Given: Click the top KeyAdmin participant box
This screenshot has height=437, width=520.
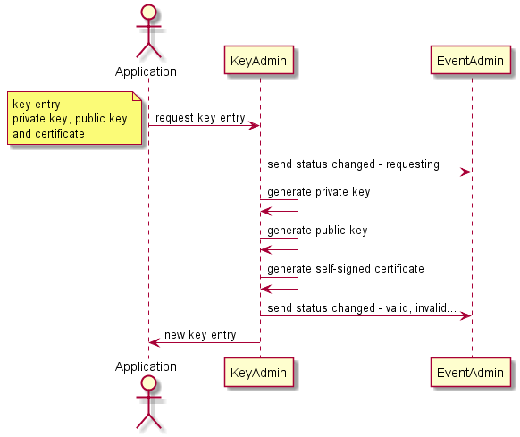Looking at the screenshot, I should point(259,61).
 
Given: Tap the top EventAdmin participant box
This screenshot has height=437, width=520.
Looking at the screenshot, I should point(472,61).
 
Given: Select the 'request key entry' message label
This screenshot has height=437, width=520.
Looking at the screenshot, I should point(199,118).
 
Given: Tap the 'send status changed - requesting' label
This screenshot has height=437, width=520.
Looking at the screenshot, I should point(353,164).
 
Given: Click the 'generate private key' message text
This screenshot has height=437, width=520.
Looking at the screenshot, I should point(318,192).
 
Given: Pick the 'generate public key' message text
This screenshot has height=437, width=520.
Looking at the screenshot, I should point(317,231).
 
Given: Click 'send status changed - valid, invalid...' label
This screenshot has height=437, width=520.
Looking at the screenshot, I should point(362,307).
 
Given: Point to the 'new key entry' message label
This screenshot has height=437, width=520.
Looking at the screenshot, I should point(200,335).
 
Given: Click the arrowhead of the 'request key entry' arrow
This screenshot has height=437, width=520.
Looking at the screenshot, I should point(255,125).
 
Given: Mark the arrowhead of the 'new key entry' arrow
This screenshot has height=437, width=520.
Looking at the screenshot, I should point(154,342).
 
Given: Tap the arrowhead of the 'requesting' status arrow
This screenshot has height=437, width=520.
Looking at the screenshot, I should point(466,172).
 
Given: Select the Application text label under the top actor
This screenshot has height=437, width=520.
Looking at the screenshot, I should point(146,71).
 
